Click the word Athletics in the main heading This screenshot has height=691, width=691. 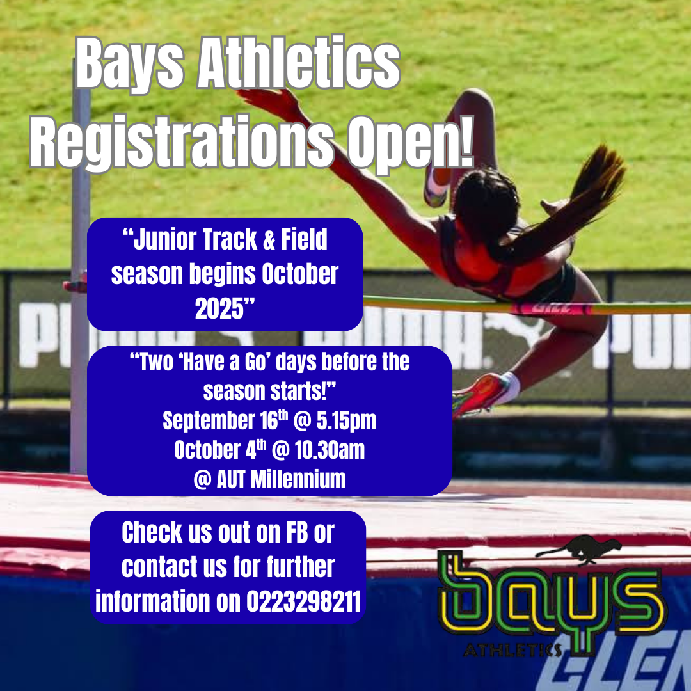click(x=299, y=63)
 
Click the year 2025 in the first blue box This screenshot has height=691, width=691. click(x=219, y=308)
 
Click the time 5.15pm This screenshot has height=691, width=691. click(x=346, y=420)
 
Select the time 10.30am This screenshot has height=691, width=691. click(x=330, y=450)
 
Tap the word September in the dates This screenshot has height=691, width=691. click(x=209, y=421)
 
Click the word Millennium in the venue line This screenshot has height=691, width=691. click(x=298, y=479)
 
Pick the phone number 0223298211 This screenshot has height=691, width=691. click(x=304, y=601)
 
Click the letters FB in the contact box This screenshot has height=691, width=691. click(x=297, y=533)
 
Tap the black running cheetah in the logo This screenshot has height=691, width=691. click(x=578, y=549)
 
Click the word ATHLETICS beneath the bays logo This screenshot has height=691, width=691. click(x=513, y=650)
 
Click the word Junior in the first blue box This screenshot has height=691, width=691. click(x=159, y=240)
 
